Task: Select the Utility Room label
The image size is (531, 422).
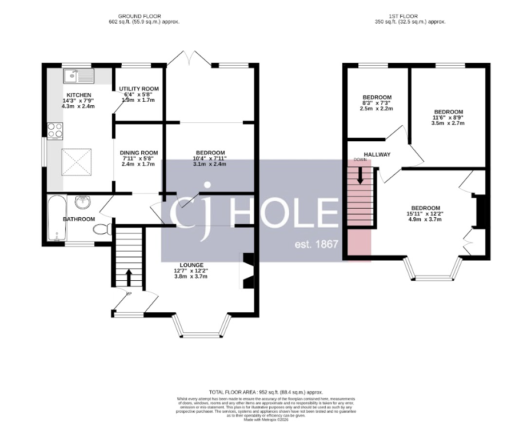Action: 138,89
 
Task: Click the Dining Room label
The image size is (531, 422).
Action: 139,153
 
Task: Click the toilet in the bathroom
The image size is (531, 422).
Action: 101,230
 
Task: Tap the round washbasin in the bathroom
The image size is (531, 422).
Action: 83,201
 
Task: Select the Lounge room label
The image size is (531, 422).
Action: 191,265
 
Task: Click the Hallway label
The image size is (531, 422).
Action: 377,154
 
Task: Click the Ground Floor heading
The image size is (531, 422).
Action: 139,16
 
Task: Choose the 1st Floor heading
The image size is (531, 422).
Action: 408,16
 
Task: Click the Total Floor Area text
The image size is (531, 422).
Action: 265,392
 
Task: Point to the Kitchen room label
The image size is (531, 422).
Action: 79,94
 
